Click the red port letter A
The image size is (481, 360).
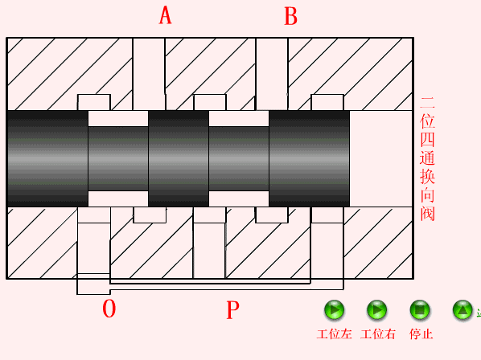(x=165, y=15)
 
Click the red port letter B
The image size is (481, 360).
(x=290, y=16)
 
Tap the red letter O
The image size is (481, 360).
(x=109, y=309)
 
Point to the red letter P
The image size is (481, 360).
(x=232, y=309)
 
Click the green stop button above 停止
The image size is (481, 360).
(x=420, y=309)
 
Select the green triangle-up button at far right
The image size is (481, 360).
(x=462, y=309)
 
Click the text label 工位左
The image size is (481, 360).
(x=335, y=334)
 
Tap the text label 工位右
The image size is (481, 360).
(x=378, y=334)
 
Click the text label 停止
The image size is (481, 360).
(x=421, y=334)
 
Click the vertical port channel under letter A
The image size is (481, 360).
(x=149, y=74)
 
